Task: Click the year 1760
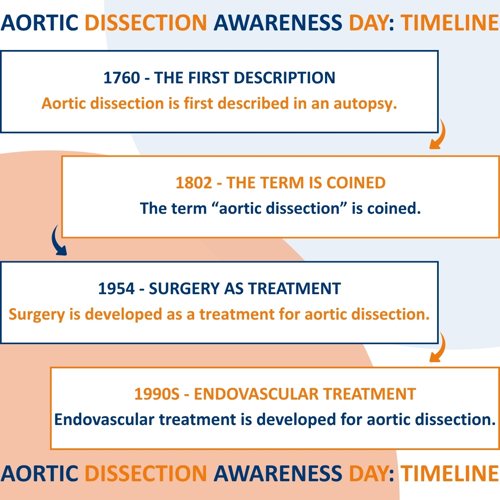pos(122,78)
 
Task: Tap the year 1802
pos(194,183)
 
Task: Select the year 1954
pos(116,288)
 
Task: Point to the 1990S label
pos(157,394)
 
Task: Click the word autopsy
pos(365,104)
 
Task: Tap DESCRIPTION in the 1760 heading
pos(284,78)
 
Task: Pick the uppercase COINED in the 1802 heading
pos(356,183)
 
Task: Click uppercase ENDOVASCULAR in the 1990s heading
pos(256,394)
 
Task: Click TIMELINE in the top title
pos(450,23)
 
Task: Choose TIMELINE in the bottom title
pos(450,473)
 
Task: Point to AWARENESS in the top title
pos(278,23)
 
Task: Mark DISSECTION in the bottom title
pos(146,473)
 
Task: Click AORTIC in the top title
pos(39,23)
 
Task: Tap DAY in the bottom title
pos(369,473)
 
